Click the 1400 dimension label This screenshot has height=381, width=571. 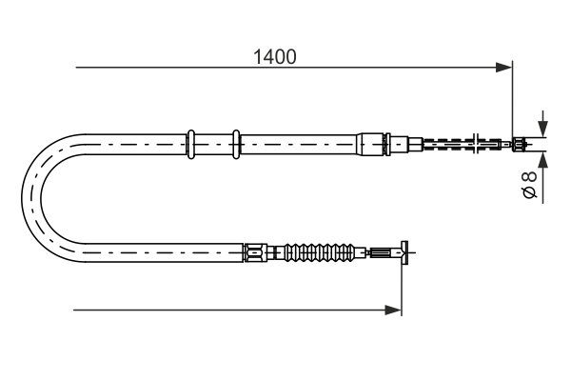[274, 56]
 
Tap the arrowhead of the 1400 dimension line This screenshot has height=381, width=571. [504, 67]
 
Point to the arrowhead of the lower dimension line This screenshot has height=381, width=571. [393, 309]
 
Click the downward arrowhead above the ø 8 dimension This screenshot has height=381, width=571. [541, 129]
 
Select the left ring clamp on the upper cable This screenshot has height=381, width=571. [191, 144]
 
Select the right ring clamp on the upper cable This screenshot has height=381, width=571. [235, 144]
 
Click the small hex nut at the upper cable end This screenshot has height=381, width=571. [520, 145]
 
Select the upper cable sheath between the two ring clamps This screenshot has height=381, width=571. [213, 145]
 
